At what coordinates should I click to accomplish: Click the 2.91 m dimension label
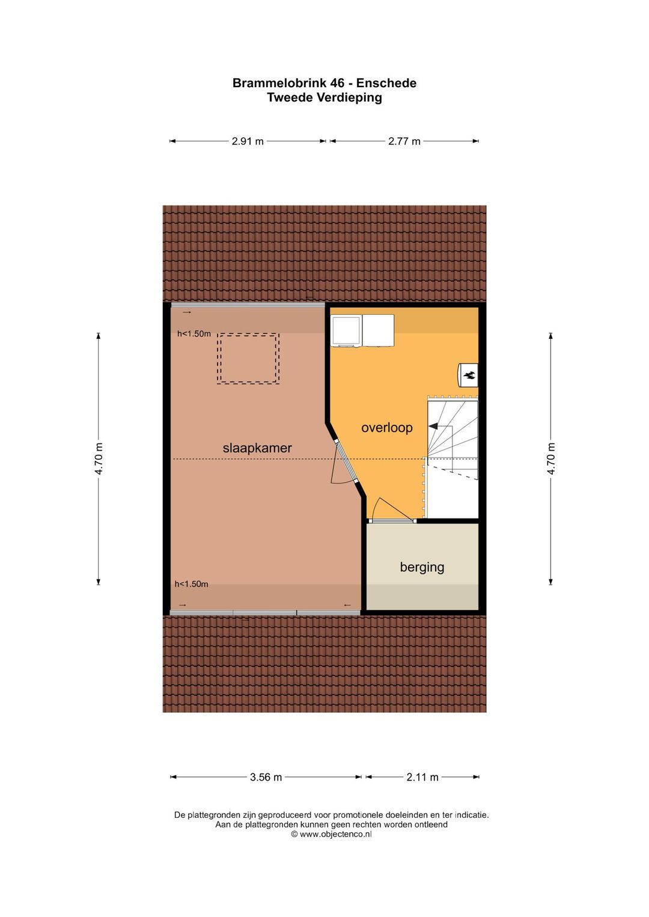(x=248, y=141)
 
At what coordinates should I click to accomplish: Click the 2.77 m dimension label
(x=404, y=141)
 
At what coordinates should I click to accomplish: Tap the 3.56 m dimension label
(x=266, y=777)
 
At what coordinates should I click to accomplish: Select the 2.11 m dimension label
(x=422, y=777)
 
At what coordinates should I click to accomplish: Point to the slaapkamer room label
(x=257, y=448)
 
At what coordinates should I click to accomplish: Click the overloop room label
(x=386, y=428)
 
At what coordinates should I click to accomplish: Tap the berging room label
(x=422, y=567)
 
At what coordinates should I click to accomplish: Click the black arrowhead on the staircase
(x=433, y=426)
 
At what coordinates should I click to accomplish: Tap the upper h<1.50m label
(x=194, y=334)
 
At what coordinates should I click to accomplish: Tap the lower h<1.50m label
(x=191, y=584)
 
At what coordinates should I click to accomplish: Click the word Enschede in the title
(x=386, y=83)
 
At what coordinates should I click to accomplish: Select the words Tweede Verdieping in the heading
(x=324, y=98)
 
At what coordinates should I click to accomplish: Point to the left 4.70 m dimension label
(x=99, y=458)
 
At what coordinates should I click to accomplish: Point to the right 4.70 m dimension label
(x=550, y=458)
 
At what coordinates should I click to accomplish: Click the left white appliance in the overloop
(x=346, y=331)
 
